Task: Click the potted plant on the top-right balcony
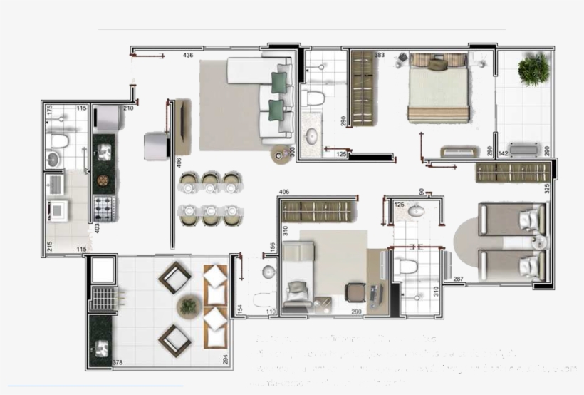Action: [533, 69]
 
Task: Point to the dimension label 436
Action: [188, 55]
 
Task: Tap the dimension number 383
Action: [380, 55]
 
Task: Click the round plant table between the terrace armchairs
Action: [189, 306]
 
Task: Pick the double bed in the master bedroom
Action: [438, 89]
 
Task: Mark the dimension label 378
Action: [117, 363]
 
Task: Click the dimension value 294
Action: [225, 359]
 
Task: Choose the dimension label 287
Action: [458, 278]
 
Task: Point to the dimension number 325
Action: [547, 189]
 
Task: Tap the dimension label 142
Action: [503, 153]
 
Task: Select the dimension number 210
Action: [128, 108]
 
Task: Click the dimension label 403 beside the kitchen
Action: [97, 228]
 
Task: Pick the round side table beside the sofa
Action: [281, 153]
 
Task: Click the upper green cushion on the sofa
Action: [280, 81]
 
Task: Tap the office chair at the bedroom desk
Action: [355, 292]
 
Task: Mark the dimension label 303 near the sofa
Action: [292, 152]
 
